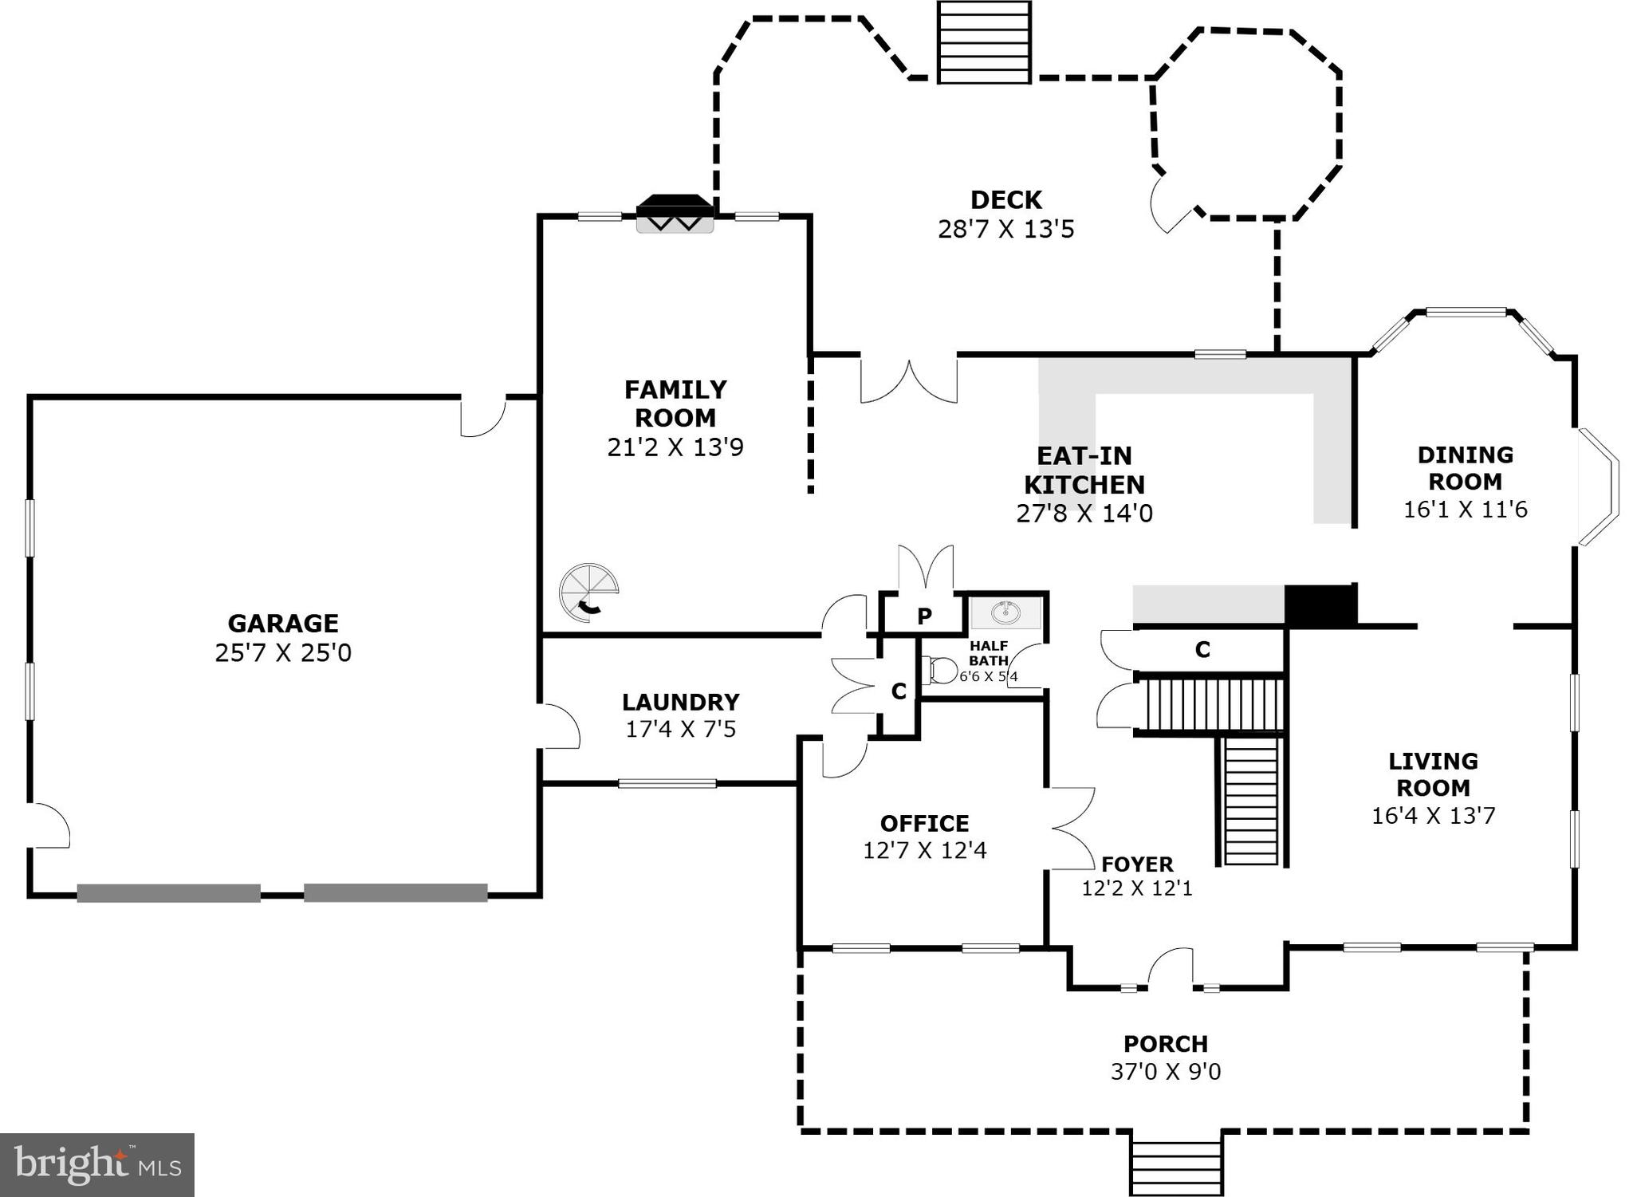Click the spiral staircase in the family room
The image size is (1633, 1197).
coord(588,593)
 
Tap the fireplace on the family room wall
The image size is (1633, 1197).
coord(674,215)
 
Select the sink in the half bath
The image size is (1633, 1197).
coord(1005,613)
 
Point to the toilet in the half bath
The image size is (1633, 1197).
coord(940,671)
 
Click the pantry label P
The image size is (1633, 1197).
coord(924,616)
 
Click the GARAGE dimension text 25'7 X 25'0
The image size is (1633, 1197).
coord(283,653)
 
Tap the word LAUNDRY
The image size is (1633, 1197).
coord(680,702)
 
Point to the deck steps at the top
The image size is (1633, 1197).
coord(984,42)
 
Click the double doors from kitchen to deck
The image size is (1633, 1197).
coord(908,382)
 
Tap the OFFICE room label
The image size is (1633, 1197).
coord(924,823)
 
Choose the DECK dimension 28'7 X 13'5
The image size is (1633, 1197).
coord(1005,230)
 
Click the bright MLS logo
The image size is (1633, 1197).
coord(96,1165)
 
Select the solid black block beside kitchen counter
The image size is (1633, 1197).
coord(1320,605)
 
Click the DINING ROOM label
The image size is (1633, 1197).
coord(1465,468)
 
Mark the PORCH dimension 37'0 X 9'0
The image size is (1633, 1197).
coord(1165,1071)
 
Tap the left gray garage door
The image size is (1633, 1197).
coord(169,893)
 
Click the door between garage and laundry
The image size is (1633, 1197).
coord(559,726)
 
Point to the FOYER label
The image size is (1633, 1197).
coord(1137,864)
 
